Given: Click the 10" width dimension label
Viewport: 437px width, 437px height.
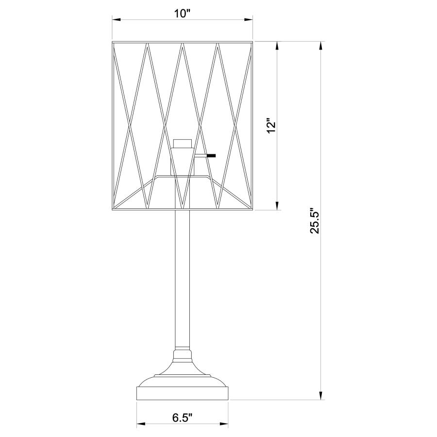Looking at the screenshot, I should pyautogui.click(x=182, y=13).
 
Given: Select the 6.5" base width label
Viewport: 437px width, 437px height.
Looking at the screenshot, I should pyautogui.click(x=183, y=417).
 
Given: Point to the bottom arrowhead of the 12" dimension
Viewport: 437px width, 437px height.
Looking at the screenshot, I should pyautogui.click(x=277, y=206).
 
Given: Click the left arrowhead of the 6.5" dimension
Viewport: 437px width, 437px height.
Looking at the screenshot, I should pyautogui.click(x=141, y=425).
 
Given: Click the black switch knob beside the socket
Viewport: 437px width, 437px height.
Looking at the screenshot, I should pyautogui.click(x=211, y=156).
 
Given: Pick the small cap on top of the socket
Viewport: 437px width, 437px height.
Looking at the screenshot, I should pyautogui.click(x=183, y=143).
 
